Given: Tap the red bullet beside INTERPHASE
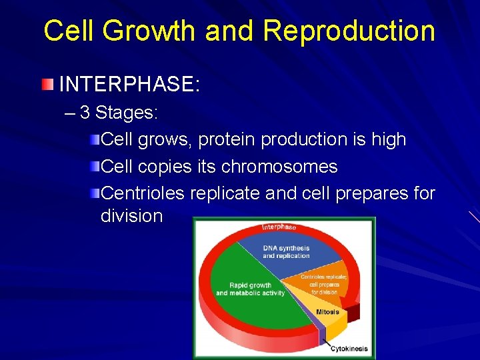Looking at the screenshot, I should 46,85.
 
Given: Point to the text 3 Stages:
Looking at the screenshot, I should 119,113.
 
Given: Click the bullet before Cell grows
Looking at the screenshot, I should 95,139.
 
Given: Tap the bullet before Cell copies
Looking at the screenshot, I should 95,166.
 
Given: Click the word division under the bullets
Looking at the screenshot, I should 131,216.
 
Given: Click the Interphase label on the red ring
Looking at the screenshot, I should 279,227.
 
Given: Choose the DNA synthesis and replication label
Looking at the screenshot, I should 286,252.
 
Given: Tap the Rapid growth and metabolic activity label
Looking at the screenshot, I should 250,289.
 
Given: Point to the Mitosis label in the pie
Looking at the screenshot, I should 327,312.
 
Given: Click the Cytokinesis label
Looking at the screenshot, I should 350,348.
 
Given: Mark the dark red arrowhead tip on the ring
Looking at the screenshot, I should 355,312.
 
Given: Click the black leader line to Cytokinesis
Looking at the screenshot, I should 327,342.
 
